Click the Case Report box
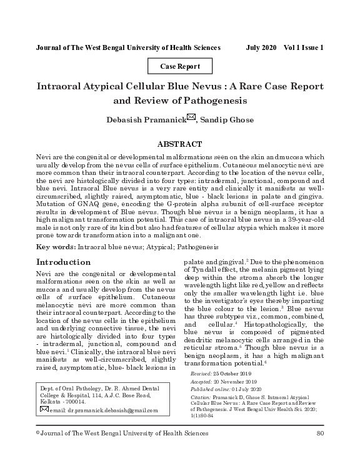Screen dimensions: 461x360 tap(180, 66)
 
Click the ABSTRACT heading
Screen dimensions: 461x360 tap(180, 144)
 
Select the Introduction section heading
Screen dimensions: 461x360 tap(64, 262)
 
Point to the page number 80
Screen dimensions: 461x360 tap(321, 434)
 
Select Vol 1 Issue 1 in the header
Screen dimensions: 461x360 tap(304, 47)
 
